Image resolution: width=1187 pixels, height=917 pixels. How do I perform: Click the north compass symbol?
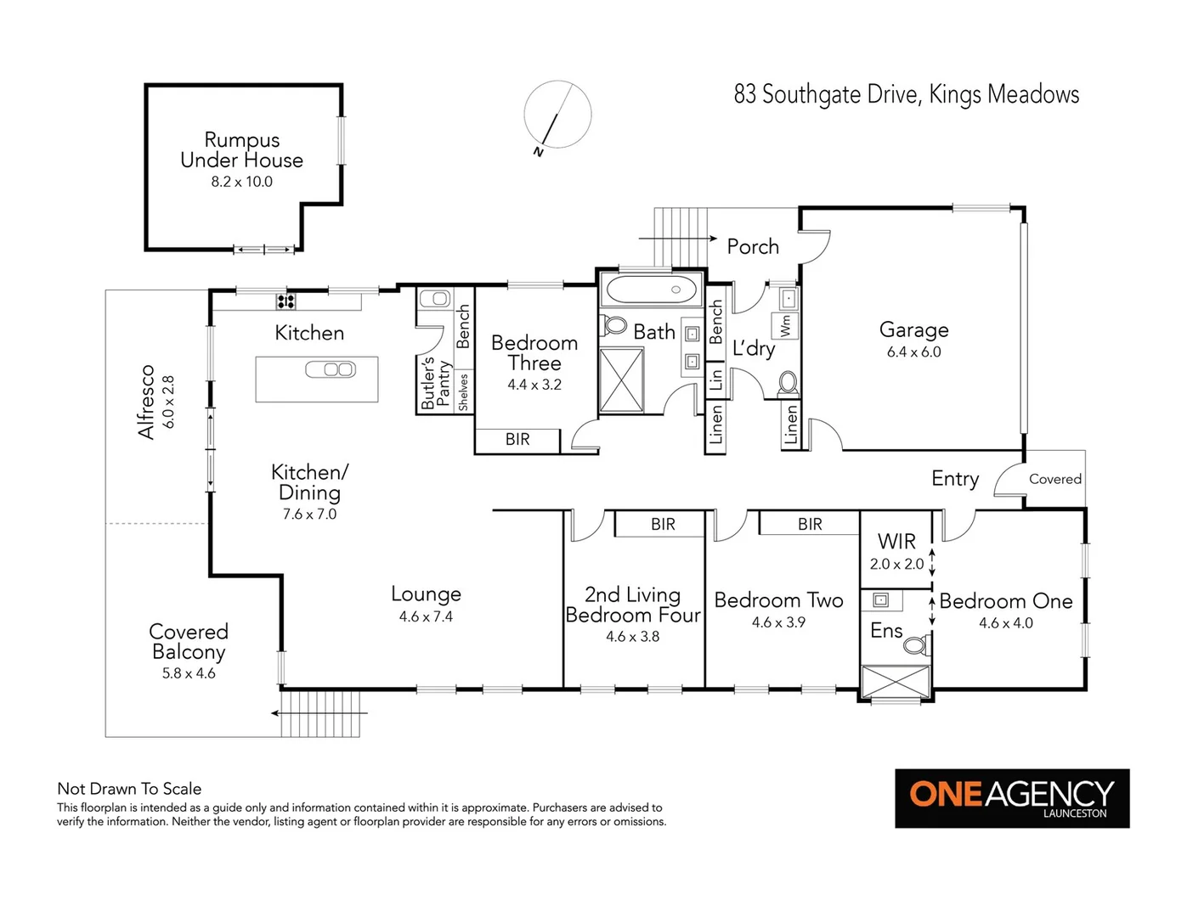pos(557,115)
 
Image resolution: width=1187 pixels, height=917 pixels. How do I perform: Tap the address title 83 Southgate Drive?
pos(906,94)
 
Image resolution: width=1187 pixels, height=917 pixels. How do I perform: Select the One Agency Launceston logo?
pos(1012,798)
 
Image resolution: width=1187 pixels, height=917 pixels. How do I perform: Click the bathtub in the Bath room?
pos(651,290)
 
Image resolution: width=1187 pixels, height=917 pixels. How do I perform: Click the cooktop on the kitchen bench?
pos(285,301)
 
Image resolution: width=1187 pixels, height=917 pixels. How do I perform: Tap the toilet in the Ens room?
pos(915,645)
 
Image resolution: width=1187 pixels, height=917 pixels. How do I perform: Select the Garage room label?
pos(913,329)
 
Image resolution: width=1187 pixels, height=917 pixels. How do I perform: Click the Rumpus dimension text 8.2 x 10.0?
pos(241,182)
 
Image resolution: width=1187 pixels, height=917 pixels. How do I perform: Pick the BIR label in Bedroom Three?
pos(517,439)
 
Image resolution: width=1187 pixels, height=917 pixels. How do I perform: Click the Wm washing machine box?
pos(785,325)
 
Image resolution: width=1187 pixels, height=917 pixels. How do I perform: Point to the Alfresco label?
pos(147,402)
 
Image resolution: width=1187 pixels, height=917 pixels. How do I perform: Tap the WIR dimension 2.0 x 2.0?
pos(896,564)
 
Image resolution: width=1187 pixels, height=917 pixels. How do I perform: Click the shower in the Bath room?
pos(622,380)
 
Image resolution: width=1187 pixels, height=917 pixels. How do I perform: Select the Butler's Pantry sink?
pos(434,298)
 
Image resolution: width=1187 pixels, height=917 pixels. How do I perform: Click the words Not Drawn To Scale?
pos(129,789)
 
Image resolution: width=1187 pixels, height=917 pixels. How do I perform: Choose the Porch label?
pos(753,247)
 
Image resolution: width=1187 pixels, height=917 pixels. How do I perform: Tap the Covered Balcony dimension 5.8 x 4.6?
pos(189,673)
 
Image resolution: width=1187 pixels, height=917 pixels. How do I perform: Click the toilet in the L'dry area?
pos(788,383)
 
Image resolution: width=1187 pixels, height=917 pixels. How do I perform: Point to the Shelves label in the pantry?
pos(463,391)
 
